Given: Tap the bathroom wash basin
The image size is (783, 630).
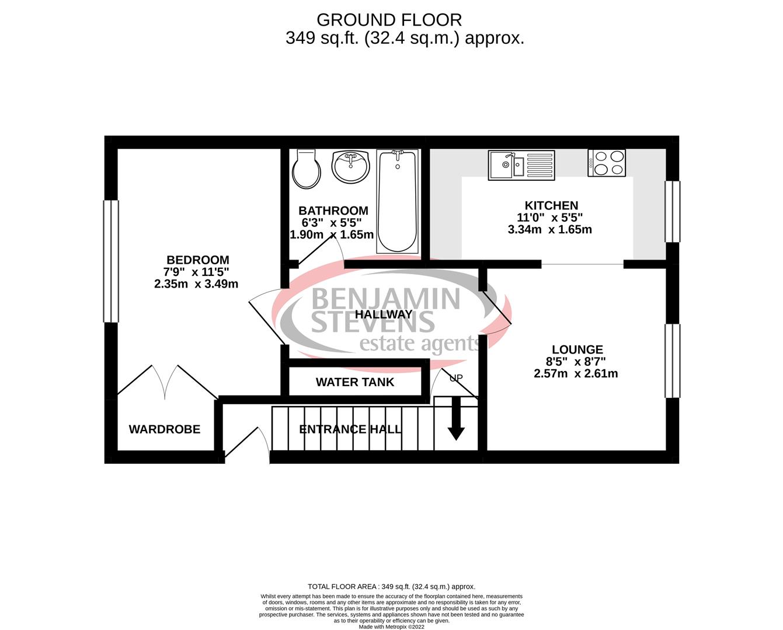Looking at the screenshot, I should [350, 166].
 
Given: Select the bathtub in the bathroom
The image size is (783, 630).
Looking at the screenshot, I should [397, 201].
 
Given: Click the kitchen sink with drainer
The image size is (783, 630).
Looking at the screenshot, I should [521, 164].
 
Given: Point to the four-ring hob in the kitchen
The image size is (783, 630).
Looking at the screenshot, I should [607, 162].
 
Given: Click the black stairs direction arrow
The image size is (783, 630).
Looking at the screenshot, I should [455, 419].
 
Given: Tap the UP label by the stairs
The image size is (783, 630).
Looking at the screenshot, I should [455, 378].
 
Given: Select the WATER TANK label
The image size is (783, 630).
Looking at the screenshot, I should [355, 382].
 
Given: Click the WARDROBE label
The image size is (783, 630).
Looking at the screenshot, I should [164, 429].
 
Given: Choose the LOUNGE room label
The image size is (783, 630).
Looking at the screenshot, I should [577, 349].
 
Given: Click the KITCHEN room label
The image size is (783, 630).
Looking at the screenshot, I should [551, 205].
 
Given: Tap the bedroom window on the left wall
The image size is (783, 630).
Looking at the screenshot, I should [111, 261].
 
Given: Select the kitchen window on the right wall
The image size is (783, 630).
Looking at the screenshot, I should [673, 211].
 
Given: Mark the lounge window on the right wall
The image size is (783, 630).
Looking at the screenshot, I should [673, 360].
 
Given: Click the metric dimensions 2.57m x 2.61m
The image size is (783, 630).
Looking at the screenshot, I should [576, 373].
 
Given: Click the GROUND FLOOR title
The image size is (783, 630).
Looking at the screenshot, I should [389, 20].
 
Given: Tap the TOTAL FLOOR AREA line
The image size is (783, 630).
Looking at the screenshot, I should [391, 586].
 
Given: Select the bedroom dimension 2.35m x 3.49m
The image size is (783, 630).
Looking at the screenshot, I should [196, 284].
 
